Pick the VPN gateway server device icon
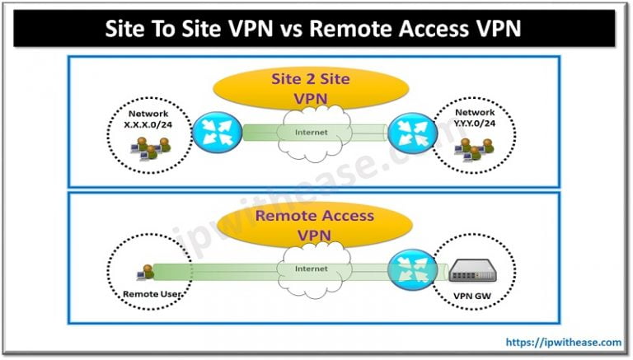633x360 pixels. [473, 269]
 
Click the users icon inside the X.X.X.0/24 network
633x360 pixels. [149, 147]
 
